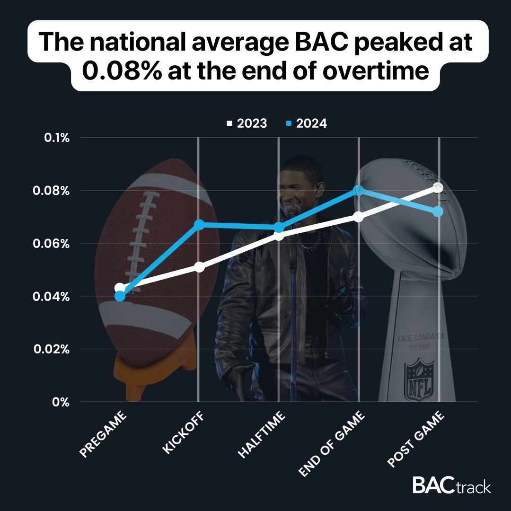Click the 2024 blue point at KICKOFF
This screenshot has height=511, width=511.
(199, 224)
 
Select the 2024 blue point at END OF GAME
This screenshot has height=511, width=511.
(358, 191)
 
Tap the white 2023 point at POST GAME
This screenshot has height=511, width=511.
(438, 188)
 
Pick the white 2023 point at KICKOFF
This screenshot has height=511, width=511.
(199, 267)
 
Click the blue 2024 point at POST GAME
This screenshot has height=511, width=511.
(438, 211)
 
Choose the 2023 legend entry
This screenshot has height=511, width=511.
(247, 123)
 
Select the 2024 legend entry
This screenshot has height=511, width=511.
(307, 123)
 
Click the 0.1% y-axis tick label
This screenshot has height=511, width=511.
(56, 138)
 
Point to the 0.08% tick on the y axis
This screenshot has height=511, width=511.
(53, 191)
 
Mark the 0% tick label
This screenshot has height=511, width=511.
(61, 402)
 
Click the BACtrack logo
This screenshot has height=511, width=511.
(451, 485)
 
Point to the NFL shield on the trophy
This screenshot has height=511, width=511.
(419, 379)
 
